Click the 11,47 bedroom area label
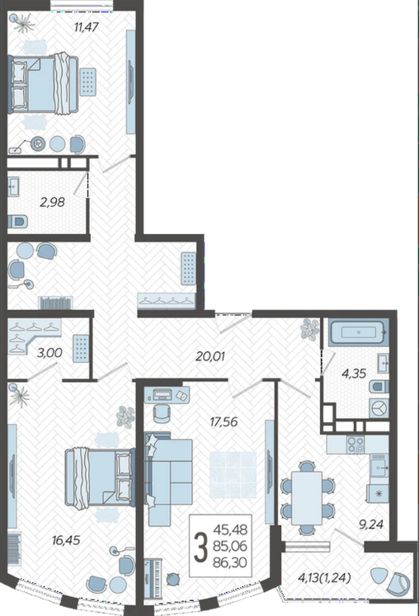click(x=86, y=27)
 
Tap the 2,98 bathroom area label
click(x=52, y=202)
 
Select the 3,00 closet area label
click(x=49, y=353)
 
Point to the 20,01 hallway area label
click(x=210, y=356)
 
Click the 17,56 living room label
click(x=224, y=422)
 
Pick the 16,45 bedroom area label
click(x=66, y=540)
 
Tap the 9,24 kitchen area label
click(x=370, y=524)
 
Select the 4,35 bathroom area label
click(x=354, y=374)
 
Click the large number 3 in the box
click(x=201, y=546)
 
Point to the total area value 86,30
click(x=230, y=562)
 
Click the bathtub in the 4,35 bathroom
click(x=359, y=333)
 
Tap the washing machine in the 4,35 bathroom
click(x=379, y=408)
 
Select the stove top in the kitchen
click(x=355, y=444)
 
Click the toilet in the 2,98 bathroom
click(x=18, y=222)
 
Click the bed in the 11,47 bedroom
click(x=43, y=84)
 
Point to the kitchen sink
click(x=379, y=466)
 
